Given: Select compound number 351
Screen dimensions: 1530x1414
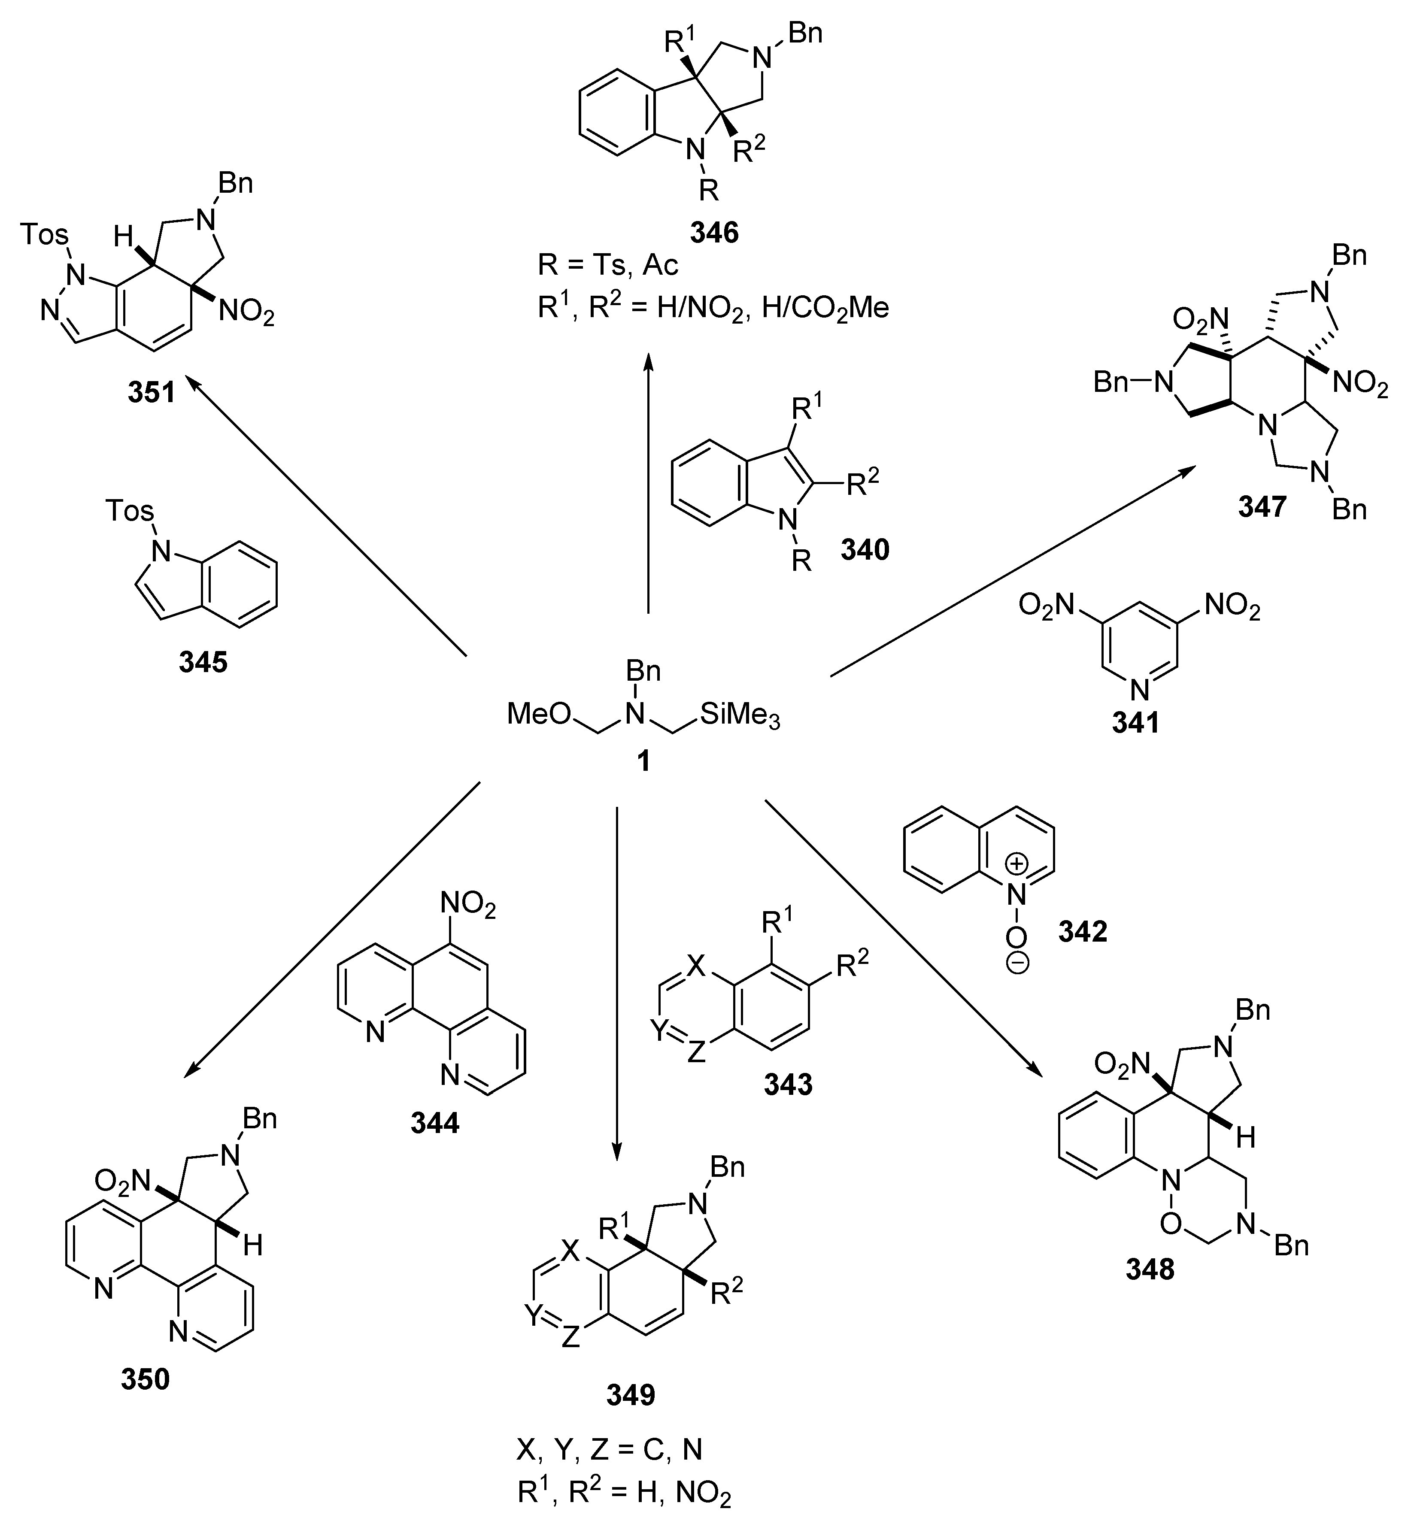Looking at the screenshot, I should pos(152,392).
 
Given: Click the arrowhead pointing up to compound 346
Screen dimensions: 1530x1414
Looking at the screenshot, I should pos(648,361).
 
